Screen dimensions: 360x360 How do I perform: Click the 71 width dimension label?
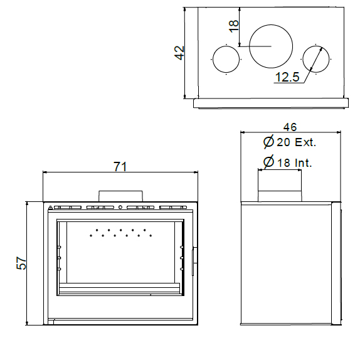coord(120,167)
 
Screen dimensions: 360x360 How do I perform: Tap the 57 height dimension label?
coord(21,263)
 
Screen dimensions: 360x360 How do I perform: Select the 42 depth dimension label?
coord(179,53)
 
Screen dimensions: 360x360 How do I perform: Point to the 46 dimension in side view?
coord(290,127)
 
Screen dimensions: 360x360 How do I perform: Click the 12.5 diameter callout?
coord(287,77)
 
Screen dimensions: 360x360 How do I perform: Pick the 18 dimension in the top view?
coord(234,26)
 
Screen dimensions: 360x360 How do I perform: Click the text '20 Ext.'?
coord(297,142)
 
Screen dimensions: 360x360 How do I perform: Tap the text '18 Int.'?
coord(295,163)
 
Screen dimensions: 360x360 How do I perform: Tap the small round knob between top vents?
coord(120,208)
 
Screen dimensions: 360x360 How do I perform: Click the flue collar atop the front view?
coord(120,196)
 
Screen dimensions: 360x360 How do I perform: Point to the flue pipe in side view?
coord(280,186)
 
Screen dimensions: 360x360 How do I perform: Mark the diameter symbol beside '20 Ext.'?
coord(268,142)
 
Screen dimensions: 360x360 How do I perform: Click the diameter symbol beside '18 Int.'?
coord(268,162)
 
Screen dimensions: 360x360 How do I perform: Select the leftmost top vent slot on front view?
coord(68,208)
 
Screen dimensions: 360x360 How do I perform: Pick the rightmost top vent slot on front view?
coord(173,208)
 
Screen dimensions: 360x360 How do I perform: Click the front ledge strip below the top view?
coord(271,103)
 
